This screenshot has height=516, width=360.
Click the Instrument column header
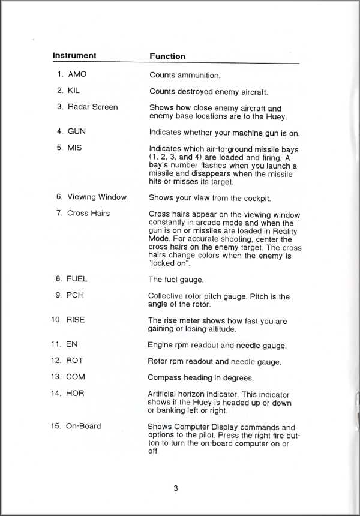click(74, 56)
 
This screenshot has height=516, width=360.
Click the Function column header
click(167, 56)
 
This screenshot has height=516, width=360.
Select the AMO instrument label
click(77, 74)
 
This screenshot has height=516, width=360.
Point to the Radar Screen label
click(92, 107)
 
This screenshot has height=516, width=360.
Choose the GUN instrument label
click(76, 131)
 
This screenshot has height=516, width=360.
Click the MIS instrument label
click(74, 147)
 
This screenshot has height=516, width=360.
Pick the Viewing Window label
click(97, 197)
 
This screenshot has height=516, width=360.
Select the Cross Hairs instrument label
click(88, 213)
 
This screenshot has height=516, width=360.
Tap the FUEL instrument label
click(77, 279)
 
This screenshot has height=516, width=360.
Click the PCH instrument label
click(75, 295)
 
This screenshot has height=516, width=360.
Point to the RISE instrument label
click(76, 320)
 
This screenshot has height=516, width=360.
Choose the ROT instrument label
click(74, 361)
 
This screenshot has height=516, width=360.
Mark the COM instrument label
click(76, 377)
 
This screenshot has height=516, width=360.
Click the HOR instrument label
click(75, 393)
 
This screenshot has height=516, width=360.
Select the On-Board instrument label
click(83, 426)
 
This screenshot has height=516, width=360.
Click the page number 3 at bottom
click(176, 488)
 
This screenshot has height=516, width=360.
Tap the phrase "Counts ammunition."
click(185, 75)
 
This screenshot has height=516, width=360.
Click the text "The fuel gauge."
click(176, 280)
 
